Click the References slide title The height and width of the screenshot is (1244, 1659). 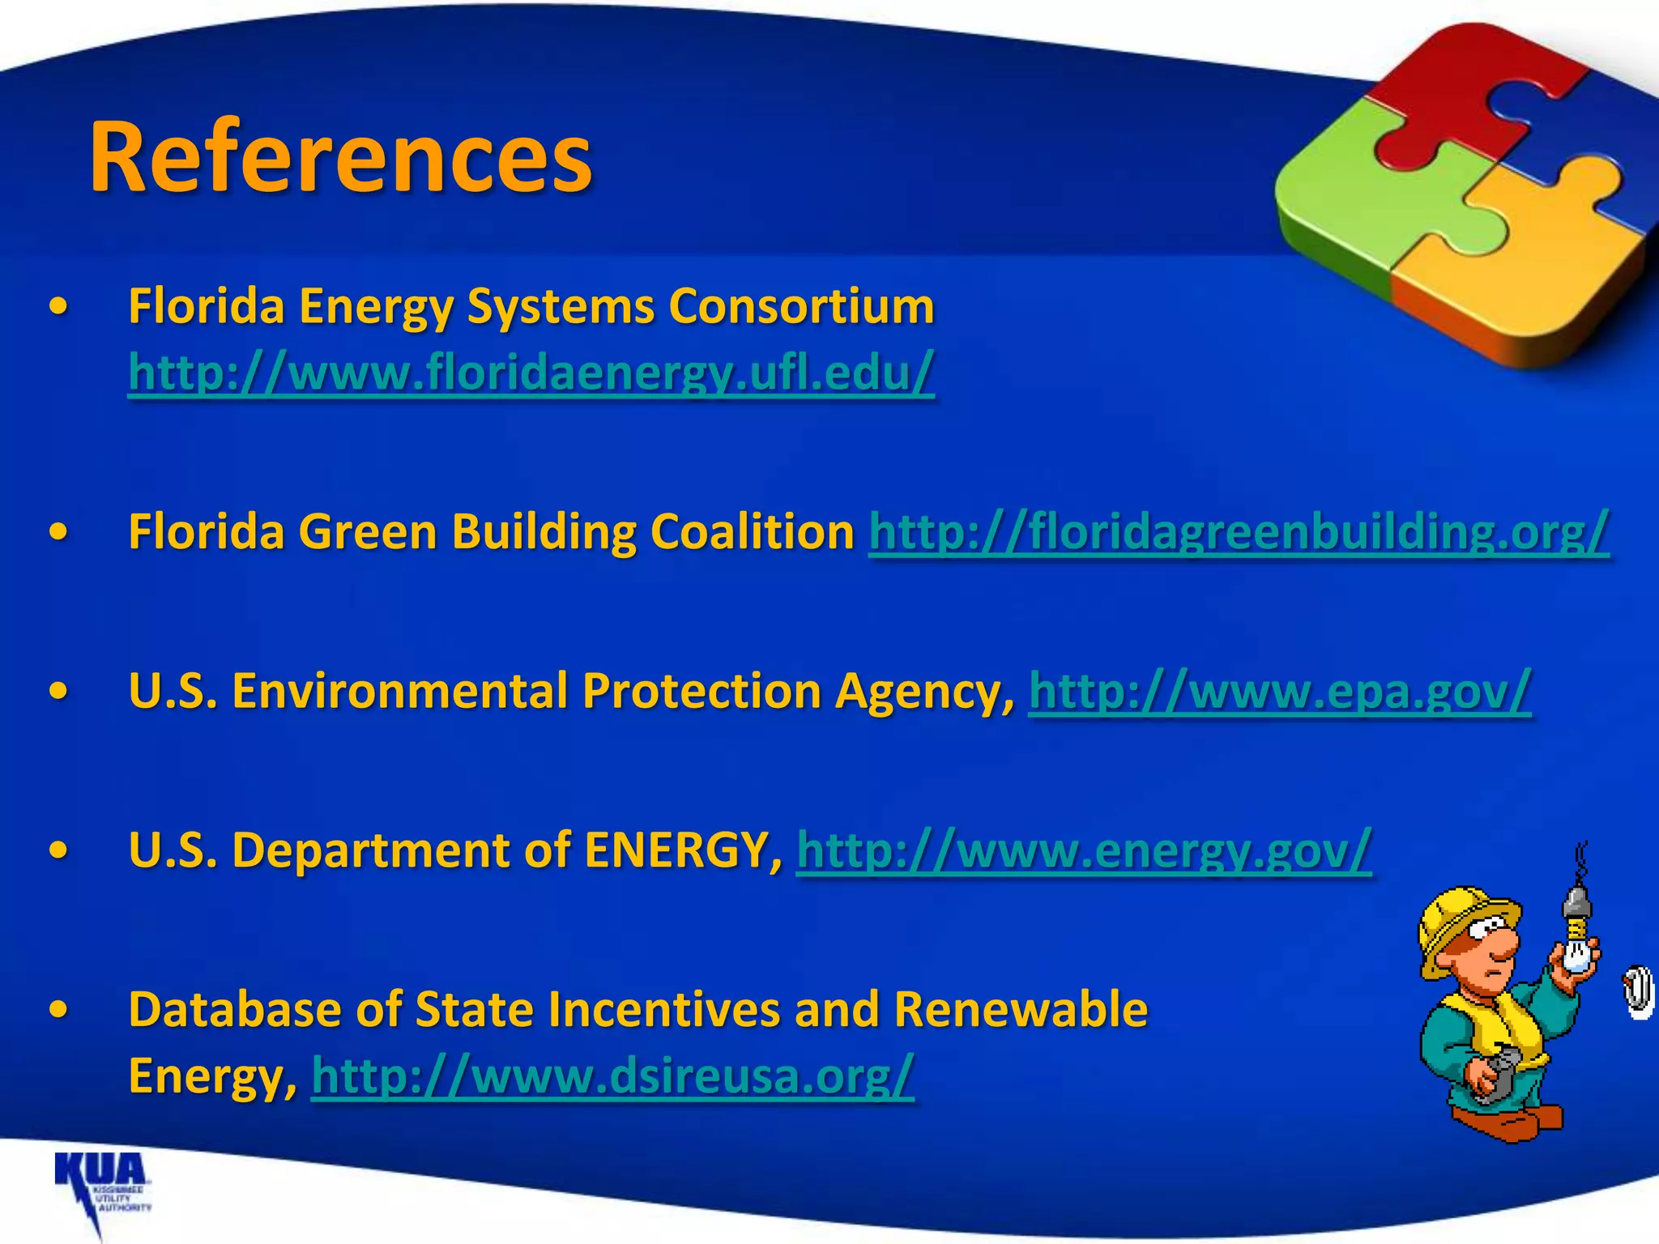pyautogui.click(x=340, y=156)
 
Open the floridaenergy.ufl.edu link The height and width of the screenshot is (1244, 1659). pyautogui.click(x=531, y=373)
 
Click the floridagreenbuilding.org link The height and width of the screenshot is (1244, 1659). pyautogui.click(x=1238, y=532)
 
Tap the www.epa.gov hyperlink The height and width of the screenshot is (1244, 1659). pyautogui.click(x=1280, y=691)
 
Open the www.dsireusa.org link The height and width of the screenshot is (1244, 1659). pyautogui.click(x=612, y=1076)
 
